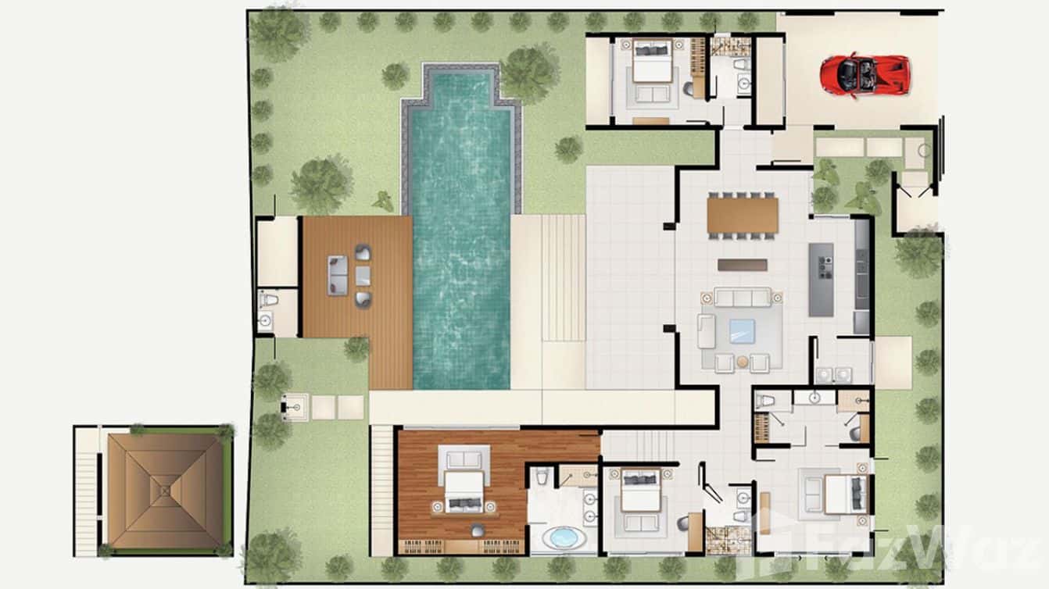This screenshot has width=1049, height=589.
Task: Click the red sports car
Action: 865,74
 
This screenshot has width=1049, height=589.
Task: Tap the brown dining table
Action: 743,216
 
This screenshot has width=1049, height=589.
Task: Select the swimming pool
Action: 461,258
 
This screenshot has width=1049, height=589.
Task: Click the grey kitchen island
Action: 821,279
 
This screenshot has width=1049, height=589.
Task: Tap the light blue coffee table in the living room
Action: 742,330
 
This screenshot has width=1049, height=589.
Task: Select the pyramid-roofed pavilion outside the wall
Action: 164,491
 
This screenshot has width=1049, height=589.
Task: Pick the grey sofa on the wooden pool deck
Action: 338,276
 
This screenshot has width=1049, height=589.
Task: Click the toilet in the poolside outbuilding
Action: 268,299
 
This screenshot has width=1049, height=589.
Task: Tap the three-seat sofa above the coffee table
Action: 742,298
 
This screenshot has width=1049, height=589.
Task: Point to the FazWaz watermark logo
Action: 899,547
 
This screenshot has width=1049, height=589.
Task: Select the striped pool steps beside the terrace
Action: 564,278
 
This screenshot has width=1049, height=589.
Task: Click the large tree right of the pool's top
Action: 530,73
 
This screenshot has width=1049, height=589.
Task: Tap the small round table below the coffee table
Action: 743,362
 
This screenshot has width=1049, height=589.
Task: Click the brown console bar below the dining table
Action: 742,265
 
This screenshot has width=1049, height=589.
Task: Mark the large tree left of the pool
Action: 321,184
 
